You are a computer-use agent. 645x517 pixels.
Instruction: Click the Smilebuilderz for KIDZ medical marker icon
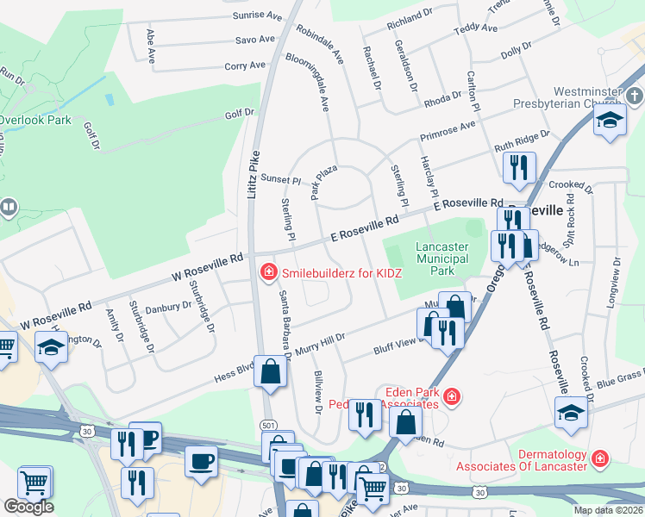[x=268, y=273]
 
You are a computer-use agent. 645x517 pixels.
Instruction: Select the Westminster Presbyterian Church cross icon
[x=635, y=95]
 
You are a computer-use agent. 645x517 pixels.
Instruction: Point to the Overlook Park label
[x=35, y=121]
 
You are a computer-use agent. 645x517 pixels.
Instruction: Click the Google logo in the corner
[x=28, y=507]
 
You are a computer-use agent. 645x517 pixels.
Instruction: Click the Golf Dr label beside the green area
[x=240, y=113]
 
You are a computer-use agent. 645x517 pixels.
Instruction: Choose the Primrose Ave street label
[x=448, y=131]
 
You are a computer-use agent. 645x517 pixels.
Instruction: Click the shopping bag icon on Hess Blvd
[x=271, y=372]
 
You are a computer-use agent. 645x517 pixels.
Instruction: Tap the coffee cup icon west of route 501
[x=203, y=461]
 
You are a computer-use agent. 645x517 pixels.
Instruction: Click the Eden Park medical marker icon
[x=451, y=396]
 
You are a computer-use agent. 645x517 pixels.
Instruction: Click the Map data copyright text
[x=609, y=510]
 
